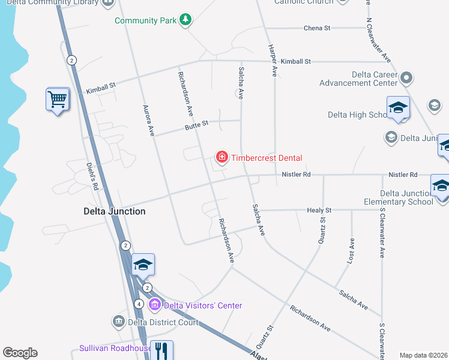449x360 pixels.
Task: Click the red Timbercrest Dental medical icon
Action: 221,158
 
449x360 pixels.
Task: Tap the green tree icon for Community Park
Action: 186,20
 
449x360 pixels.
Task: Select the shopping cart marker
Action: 58,99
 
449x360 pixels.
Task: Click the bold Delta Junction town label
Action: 114,211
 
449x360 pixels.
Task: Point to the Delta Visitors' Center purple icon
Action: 155,305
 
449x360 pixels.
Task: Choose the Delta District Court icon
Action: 118,322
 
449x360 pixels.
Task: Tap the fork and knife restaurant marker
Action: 161,350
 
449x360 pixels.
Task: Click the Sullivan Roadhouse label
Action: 115,349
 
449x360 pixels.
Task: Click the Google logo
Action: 20,353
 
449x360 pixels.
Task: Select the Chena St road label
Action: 317,28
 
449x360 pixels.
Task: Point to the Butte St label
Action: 196,124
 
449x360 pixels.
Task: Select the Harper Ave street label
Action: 273,60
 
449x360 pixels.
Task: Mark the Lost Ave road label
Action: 352,245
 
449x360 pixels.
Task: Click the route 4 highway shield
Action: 139,304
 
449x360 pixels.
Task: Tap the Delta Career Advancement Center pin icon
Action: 407,77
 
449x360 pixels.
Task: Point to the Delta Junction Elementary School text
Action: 406,197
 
